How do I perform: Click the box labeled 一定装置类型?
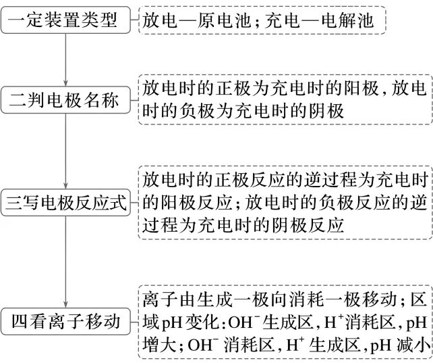[65, 22]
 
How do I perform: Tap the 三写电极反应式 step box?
[65, 202]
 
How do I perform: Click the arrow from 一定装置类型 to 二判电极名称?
[65, 61]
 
